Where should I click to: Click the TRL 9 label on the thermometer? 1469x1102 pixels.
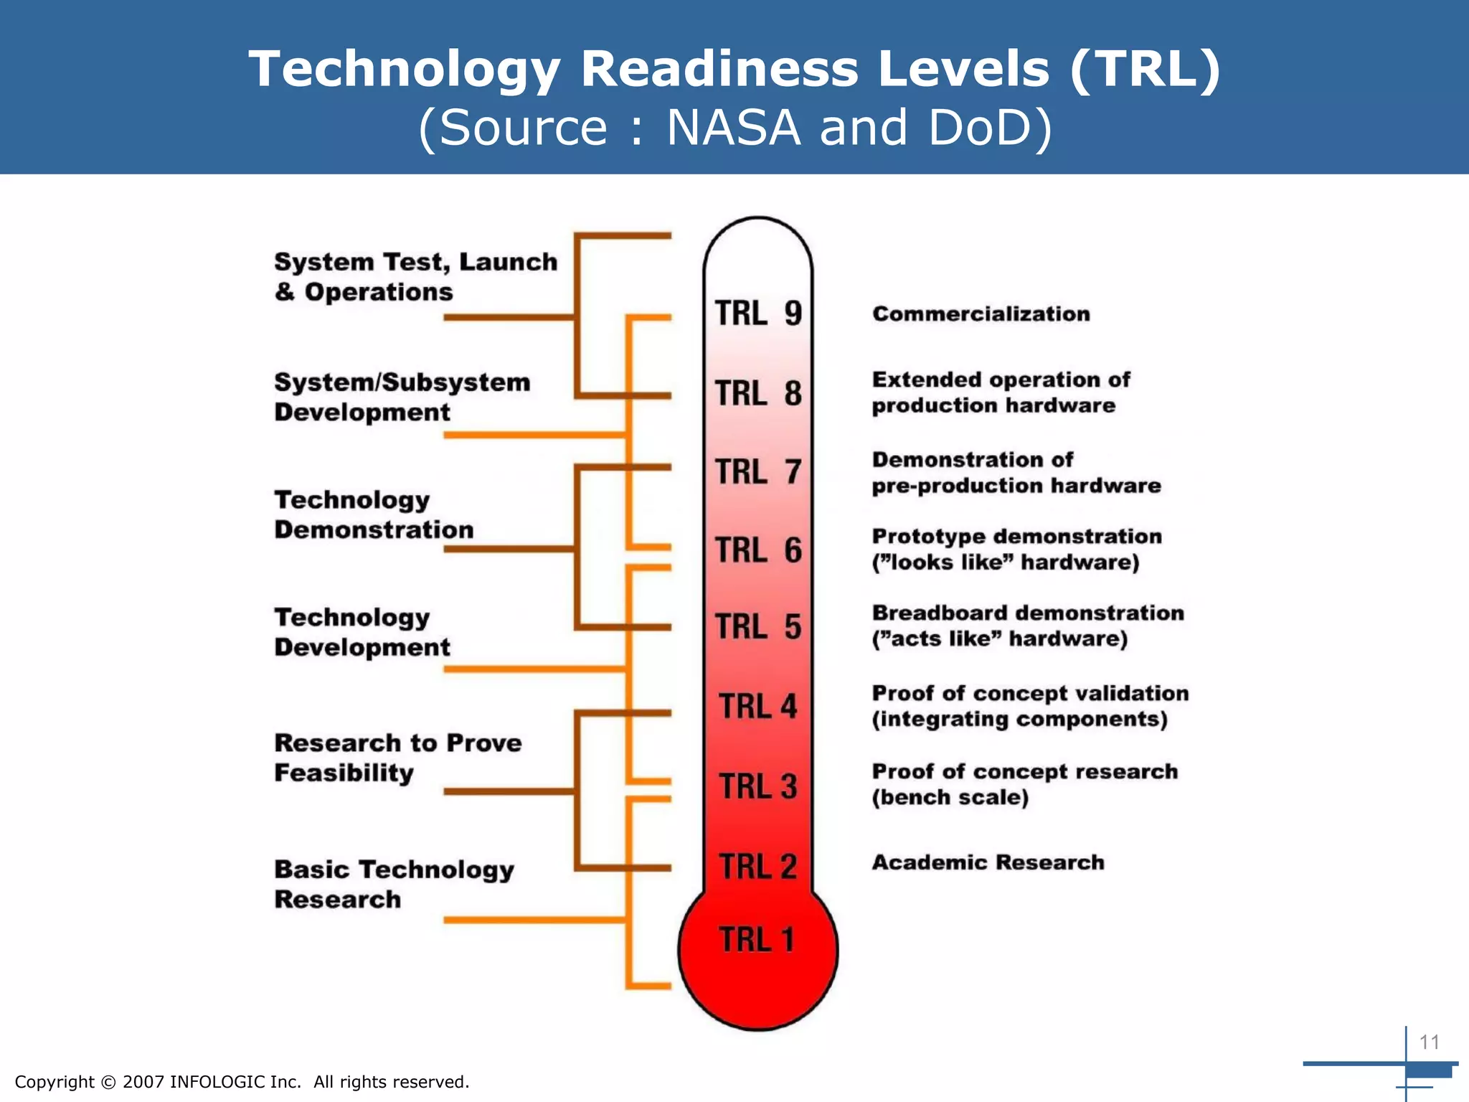[x=758, y=314]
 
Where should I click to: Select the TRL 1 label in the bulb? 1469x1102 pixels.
[x=757, y=939]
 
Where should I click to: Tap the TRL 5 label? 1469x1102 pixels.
[x=758, y=626]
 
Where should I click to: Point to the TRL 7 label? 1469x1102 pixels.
[x=758, y=472]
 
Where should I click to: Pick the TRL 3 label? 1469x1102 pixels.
[x=758, y=786]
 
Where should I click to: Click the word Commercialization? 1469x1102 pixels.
[x=981, y=314]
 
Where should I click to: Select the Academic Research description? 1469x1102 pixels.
[x=988, y=862]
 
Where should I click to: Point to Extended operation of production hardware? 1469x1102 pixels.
[x=1000, y=392]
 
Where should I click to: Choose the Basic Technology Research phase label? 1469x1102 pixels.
[x=394, y=884]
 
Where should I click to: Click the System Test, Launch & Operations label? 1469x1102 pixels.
[x=415, y=277]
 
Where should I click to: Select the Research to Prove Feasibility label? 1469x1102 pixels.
[x=397, y=758]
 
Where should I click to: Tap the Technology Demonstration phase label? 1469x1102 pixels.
[x=374, y=514]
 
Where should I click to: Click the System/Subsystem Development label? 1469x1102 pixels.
[x=402, y=397]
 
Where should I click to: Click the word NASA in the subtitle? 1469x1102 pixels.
[x=733, y=128]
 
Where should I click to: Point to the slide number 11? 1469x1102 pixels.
[x=1429, y=1042]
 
